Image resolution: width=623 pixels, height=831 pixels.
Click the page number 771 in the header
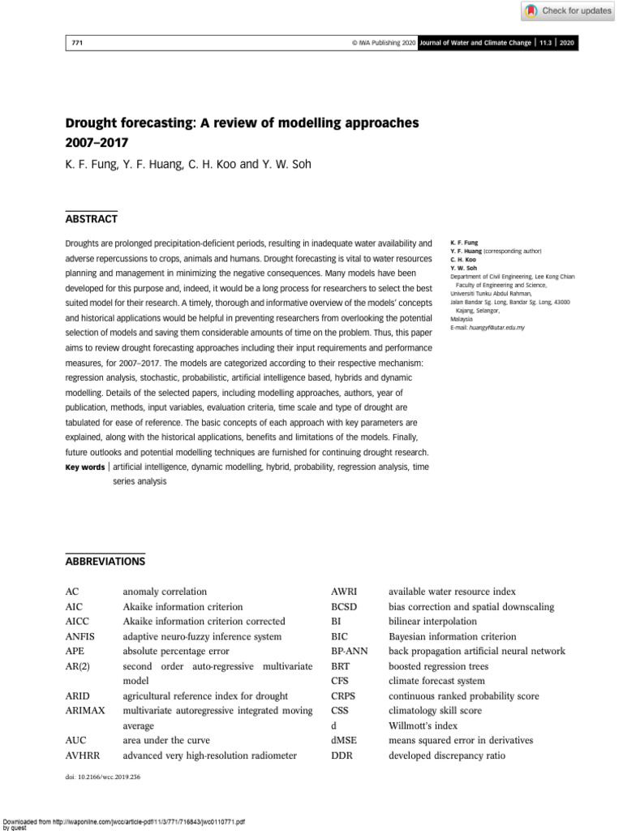(x=78, y=43)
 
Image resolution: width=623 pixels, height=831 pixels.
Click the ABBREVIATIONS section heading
(x=105, y=561)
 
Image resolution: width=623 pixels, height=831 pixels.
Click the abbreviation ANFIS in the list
(x=79, y=636)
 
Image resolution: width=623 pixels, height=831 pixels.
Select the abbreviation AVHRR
(x=82, y=756)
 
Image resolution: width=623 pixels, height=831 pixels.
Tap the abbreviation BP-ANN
(x=350, y=651)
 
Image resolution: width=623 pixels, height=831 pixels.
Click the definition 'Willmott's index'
(x=423, y=726)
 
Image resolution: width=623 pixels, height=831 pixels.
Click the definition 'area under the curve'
(x=165, y=740)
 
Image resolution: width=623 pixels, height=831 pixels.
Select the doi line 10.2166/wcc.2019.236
(x=101, y=777)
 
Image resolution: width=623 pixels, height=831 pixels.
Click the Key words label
(x=84, y=467)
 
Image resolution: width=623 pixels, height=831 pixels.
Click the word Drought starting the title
(x=92, y=123)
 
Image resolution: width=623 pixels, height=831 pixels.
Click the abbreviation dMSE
(x=344, y=740)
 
